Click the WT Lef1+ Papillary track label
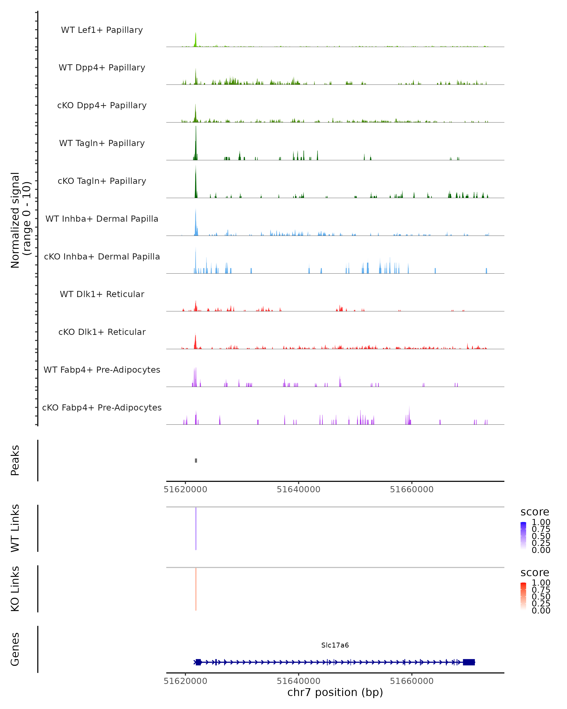point(102,30)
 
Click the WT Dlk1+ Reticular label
point(102,294)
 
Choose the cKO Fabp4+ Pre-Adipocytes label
point(102,407)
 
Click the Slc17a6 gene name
point(335,645)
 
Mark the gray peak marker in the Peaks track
point(196,460)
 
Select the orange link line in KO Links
point(196,589)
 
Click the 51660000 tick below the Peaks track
point(412,489)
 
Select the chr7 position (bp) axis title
point(335,692)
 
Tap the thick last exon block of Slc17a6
point(469,662)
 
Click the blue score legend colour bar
point(523,536)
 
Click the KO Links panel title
point(15,589)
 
